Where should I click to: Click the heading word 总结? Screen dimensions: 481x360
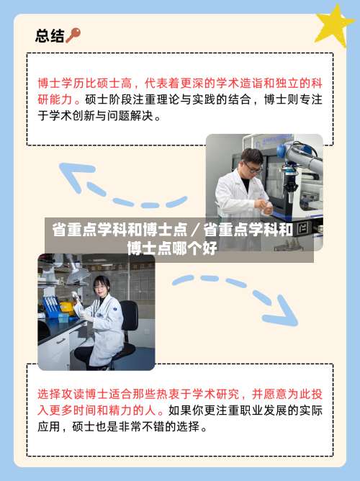tap(50, 35)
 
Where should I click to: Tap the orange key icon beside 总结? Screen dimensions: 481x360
tap(73, 35)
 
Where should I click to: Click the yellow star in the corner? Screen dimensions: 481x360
tap(336, 25)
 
